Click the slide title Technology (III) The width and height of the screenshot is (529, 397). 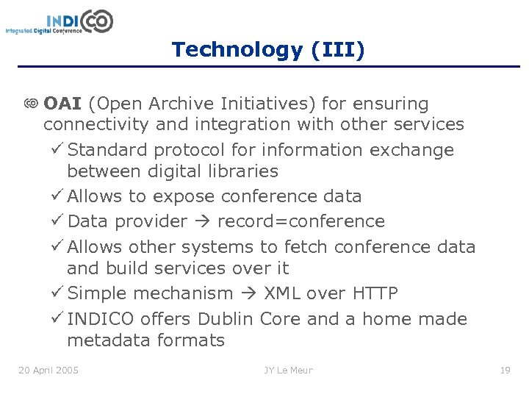(x=267, y=50)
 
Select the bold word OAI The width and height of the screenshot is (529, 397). (x=62, y=104)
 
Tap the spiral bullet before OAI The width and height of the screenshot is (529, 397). (x=31, y=104)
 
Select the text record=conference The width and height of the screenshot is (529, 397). (x=301, y=221)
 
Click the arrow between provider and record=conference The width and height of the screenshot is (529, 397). (x=203, y=222)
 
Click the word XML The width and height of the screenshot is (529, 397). (x=281, y=293)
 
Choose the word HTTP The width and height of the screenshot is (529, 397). (x=375, y=293)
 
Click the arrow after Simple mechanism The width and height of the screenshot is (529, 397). (x=248, y=294)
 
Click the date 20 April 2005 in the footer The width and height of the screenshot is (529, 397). (x=48, y=370)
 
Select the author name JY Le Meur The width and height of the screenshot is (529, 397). (x=288, y=370)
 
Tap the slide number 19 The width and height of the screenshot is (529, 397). (x=505, y=370)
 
